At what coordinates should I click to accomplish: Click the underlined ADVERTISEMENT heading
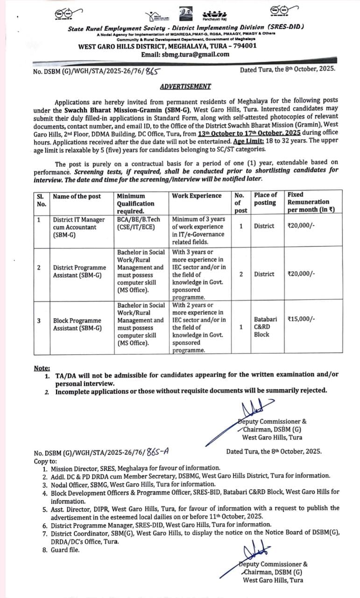tap(185, 86)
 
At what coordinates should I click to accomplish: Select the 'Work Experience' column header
tap(197, 196)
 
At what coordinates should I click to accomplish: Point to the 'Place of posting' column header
tap(265, 199)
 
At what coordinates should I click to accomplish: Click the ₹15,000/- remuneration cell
tap(302, 319)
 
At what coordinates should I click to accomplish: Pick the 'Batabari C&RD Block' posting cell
tap(265, 327)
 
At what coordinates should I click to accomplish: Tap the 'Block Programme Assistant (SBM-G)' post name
tap(78, 324)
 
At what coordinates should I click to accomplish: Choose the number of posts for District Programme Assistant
tap(241, 274)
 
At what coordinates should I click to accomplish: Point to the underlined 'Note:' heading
tap(42, 369)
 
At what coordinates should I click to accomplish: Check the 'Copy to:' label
tap(45, 461)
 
